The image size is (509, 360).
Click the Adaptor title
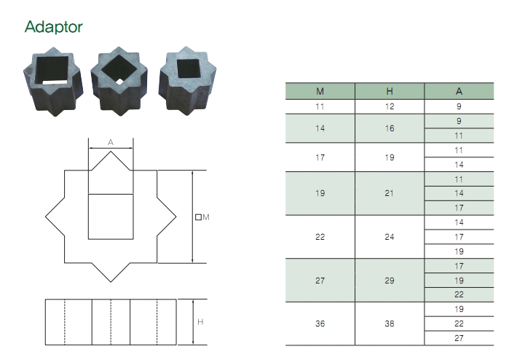[x=54, y=27]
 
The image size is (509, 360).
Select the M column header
[x=320, y=91]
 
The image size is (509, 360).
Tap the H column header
[x=390, y=91]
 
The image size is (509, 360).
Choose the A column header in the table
[x=459, y=91]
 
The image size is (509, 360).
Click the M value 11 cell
[x=320, y=106]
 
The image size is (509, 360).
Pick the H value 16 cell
[x=390, y=128]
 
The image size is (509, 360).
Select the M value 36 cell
[x=320, y=324]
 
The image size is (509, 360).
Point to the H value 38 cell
[x=390, y=324]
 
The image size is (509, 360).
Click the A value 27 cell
[x=459, y=338]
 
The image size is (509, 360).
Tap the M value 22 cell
[x=320, y=237]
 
